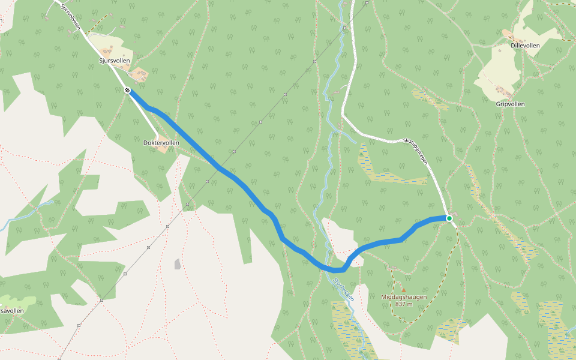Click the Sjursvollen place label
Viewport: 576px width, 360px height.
point(114,61)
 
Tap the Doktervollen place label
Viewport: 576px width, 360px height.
point(161,143)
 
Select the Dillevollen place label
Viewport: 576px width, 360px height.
point(526,44)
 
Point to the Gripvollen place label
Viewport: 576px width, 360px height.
point(510,104)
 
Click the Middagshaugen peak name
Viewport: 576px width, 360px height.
point(403,296)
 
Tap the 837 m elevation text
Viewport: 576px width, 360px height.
point(404,304)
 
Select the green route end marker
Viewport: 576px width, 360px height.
point(449,218)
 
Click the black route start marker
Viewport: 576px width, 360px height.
point(128,91)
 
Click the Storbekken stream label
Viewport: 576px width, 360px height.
point(344,290)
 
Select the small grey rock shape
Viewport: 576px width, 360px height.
point(178,263)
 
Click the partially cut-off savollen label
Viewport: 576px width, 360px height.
point(11,311)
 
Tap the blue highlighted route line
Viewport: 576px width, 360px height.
point(240,182)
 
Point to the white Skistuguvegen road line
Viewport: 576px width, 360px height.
point(372,137)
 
